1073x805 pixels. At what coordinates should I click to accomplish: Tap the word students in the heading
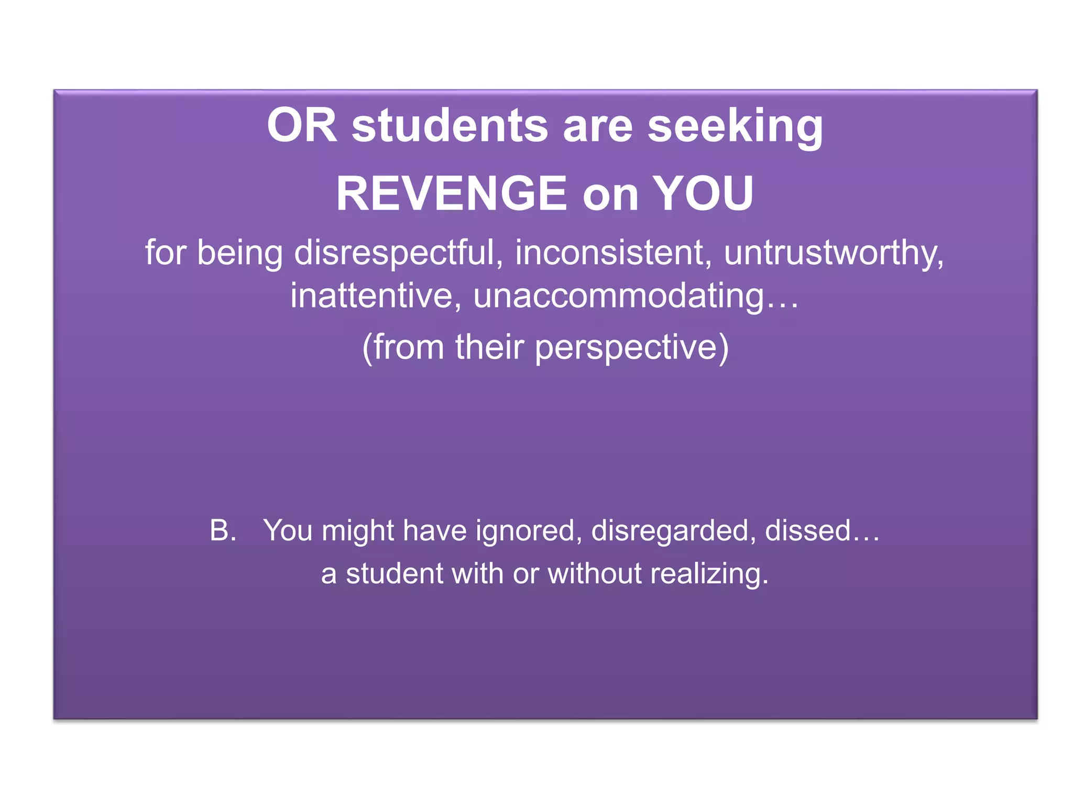(450, 126)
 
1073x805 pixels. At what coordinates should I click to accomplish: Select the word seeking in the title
(735, 126)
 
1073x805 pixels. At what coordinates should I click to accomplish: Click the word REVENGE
(451, 194)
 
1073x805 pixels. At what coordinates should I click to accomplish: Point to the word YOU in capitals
(703, 194)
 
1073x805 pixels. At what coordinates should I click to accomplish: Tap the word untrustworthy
(834, 253)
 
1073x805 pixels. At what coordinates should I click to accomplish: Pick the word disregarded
(673, 530)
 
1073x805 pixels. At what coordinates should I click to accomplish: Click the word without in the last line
(595, 573)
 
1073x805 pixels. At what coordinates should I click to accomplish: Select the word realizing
(709, 573)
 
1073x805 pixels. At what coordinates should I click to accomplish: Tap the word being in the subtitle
(240, 253)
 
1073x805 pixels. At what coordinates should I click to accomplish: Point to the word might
(357, 530)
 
